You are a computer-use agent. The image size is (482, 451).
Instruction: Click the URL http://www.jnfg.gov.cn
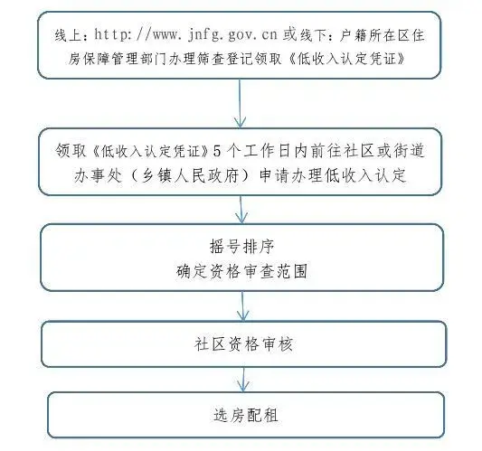tap(185, 34)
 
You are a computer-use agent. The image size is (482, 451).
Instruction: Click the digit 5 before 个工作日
tap(217, 151)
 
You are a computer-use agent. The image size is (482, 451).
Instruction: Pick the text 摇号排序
tap(242, 247)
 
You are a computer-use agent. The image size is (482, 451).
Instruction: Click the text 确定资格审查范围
tap(242, 271)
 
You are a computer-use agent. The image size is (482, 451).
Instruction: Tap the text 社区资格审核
tap(243, 344)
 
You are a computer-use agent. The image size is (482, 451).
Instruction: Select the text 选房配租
tap(246, 415)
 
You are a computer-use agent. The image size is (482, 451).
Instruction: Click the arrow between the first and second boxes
tap(240, 103)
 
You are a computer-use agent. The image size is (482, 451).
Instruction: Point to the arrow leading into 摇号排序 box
tap(241, 210)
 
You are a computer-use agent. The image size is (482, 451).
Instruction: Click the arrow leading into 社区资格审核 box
tap(243, 305)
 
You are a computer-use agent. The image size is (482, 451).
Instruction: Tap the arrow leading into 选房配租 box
tap(243, 379)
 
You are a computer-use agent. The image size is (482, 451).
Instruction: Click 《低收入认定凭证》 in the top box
tap(347, 59)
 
